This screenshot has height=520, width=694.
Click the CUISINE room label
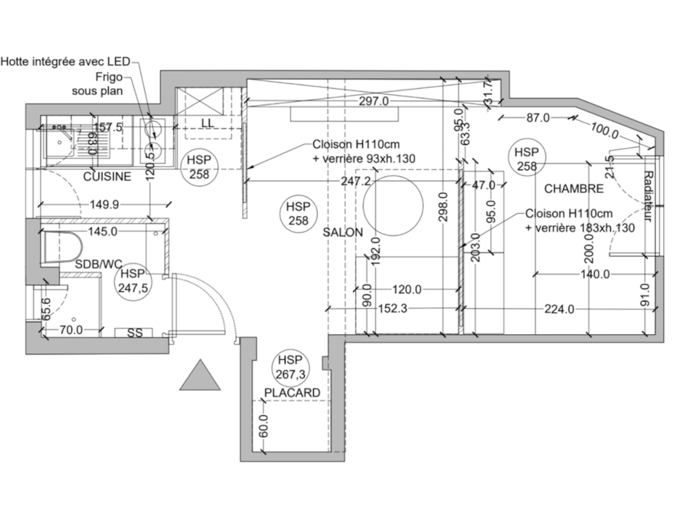pyautogui.click(x=107, y=177)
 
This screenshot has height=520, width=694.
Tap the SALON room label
pyautogui.click(x=342, y=233)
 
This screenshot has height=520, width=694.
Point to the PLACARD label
pyautogui.click(x=292, y=393)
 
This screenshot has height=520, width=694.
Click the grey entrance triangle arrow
pyautogui.click(x=200, y=377)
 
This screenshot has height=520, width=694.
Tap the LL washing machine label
pyautogui.click(x=207, y=123)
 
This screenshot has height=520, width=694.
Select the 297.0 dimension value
pyautogui.click(x=373, y=101)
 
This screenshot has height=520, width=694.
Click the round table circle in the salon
pyautogui.click(x=393, y=206)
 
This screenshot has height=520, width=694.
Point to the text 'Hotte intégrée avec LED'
pyautogui.click(x=65, y=62)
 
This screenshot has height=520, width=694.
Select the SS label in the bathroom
pyautogui.click(x=135, y=333)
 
